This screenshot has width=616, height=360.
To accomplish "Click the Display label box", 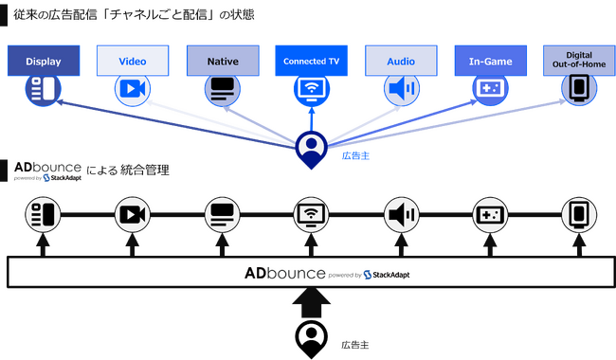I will click(x=44, y=61).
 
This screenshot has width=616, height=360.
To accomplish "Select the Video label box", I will click(x=133, y=61).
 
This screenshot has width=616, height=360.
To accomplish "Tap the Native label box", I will click(x=222, y=61).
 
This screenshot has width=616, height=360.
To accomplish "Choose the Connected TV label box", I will click(x=311, y=61).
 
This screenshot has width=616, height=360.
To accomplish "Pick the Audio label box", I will click(x=401, y=61).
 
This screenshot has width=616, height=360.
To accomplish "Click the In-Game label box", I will click(x=490, y=61).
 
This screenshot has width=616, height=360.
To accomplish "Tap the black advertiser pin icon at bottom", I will click(x=311, y=337).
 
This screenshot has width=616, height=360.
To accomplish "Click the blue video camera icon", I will click(x=133, y=89).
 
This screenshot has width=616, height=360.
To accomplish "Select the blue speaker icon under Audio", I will click(x=401, y=89).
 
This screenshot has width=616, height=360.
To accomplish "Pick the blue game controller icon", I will click(x=490, y=89).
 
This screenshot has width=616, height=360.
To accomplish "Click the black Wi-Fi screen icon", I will click(x=311, y=215).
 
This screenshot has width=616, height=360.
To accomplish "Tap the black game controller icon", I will click(x=490, y=215).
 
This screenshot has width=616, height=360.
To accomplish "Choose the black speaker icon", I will click(x=401, y=215).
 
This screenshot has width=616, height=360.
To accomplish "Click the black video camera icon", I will click(x=133, y=215).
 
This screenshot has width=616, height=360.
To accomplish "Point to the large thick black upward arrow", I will click(x=311, y=304).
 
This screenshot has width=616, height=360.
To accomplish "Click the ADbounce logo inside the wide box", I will click(x=283, y=273).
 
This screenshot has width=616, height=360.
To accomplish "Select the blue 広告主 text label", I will click(x=353, y=155).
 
